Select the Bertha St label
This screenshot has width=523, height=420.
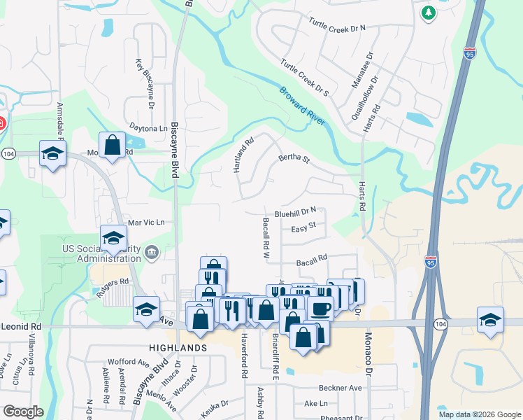[x=294, y=159]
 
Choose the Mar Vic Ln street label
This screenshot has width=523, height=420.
[x=145, y=222]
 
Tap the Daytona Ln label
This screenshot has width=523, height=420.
[x=149, y=128]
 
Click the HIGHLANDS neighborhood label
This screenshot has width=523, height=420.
[x=178, y=347]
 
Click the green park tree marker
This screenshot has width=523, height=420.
[x=428, y=13]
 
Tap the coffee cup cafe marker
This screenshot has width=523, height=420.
[x=321, y=309]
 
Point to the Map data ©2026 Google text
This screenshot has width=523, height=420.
[x=478, y=414]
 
